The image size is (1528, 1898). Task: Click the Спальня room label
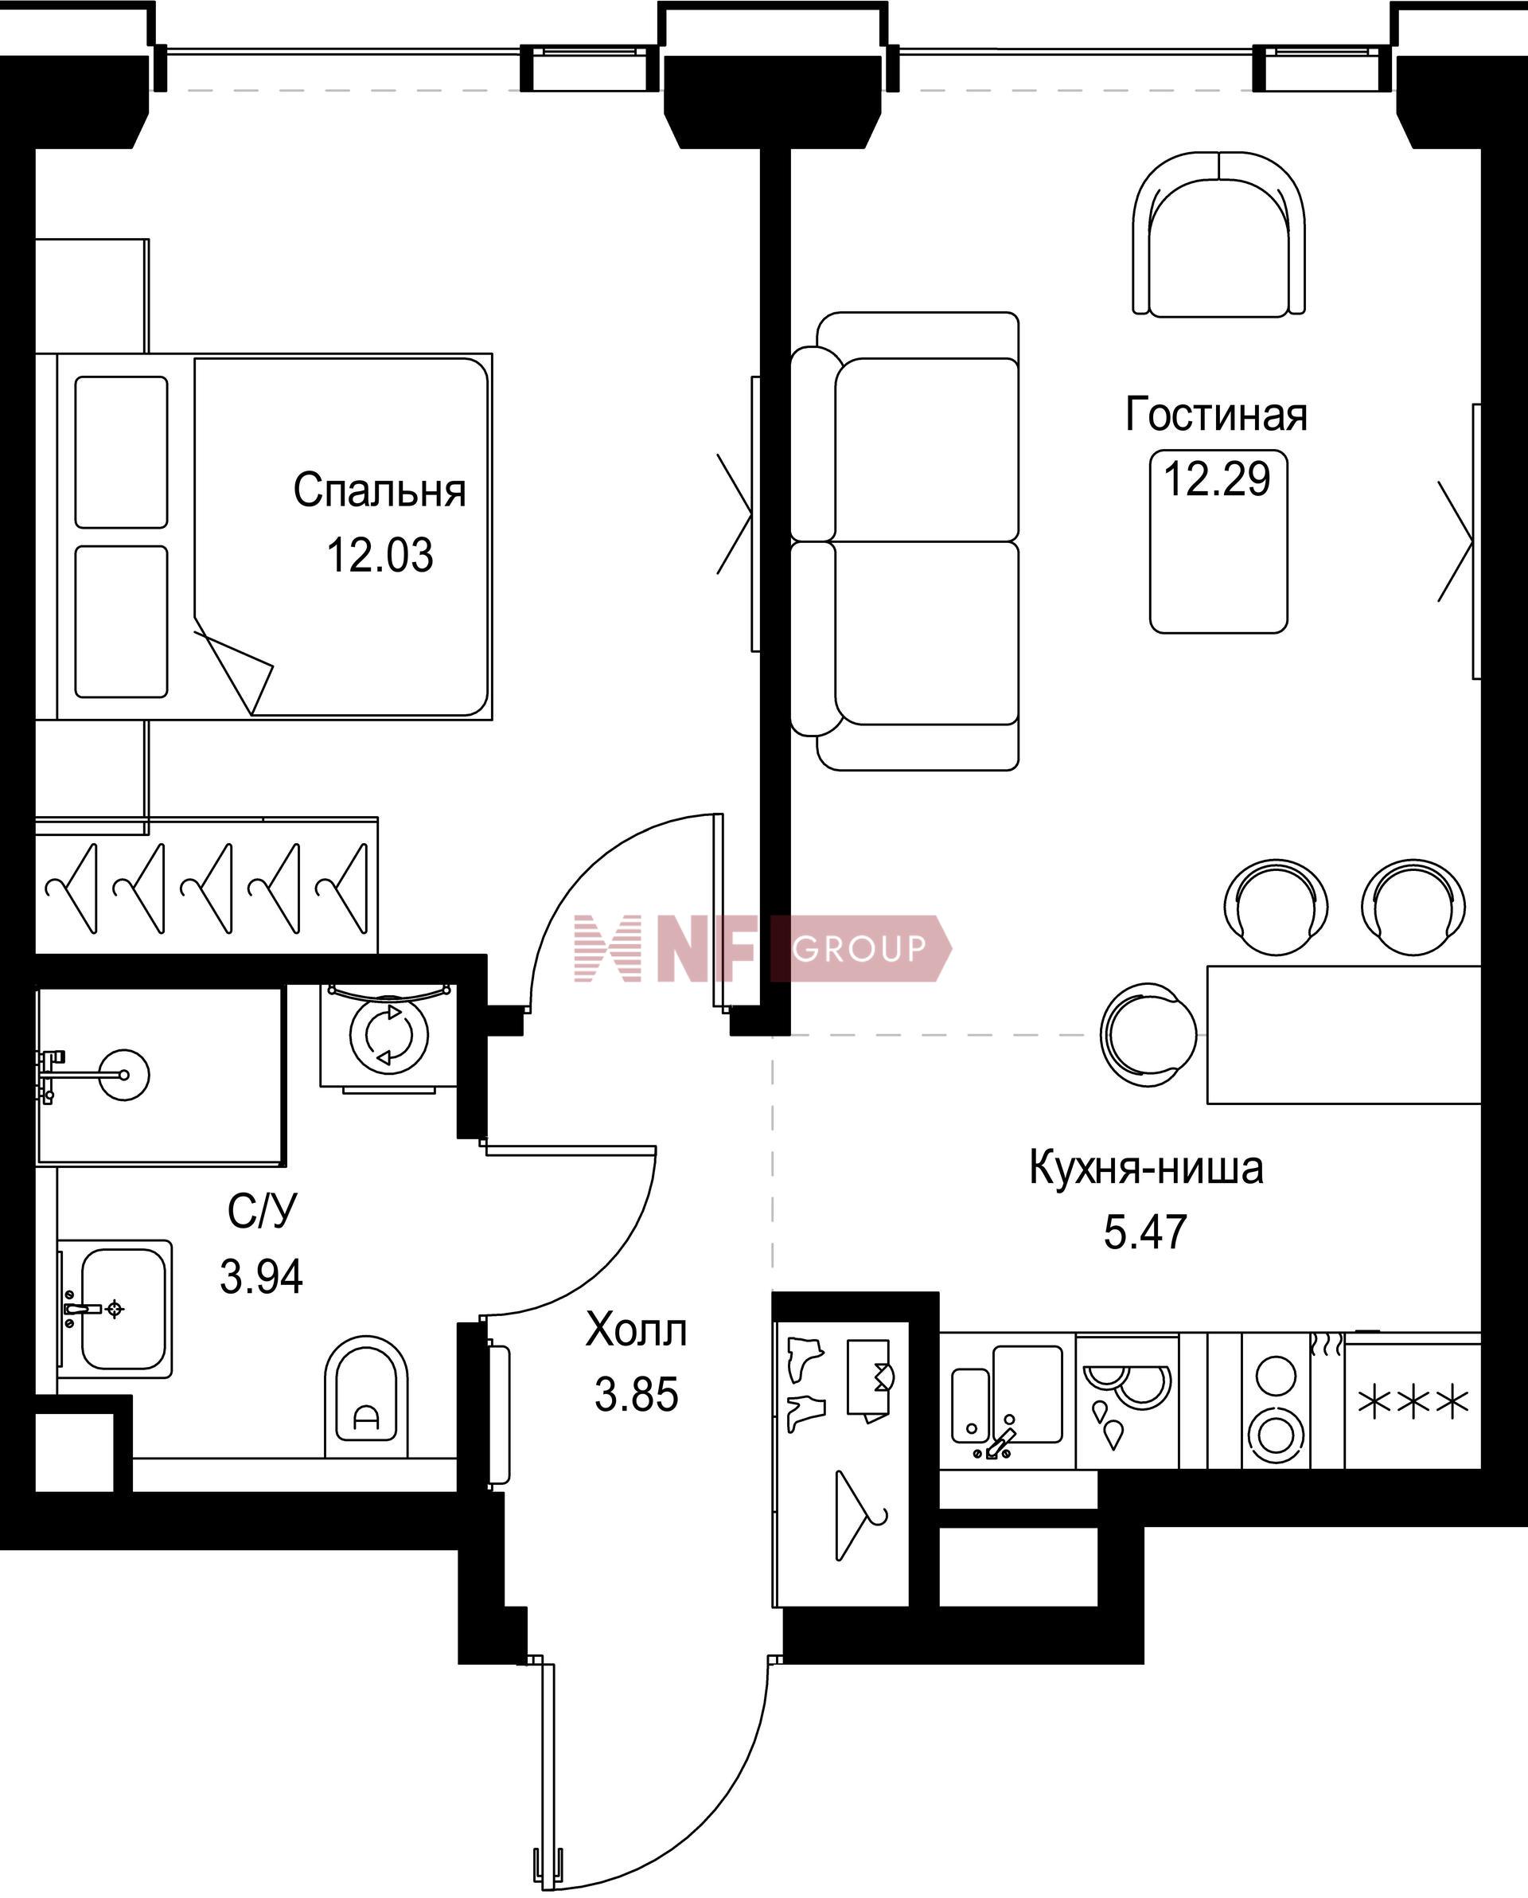coord(380,490)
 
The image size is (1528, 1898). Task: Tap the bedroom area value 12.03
coord(380,556)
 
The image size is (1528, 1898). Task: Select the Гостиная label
coord(1216,414)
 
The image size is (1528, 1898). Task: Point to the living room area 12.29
coord(1218,479)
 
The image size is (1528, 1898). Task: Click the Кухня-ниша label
coord(1146,1167)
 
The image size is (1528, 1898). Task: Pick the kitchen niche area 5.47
coord(1146,1232)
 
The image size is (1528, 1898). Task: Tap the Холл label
coord(636,1330)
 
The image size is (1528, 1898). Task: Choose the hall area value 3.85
coord(637,1395)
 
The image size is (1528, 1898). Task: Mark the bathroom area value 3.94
coord(261,1276)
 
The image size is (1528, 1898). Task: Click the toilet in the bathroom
coord(366,1397)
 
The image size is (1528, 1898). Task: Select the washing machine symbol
coord(388,1036)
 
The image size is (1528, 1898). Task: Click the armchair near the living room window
coord(1218,234)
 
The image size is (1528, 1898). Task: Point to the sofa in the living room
coord(905,541)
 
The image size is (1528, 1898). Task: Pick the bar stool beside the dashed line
coord(1148,1035)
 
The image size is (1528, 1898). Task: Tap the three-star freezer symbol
coord(1413,1402)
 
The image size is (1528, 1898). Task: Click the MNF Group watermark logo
coord(762,948)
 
